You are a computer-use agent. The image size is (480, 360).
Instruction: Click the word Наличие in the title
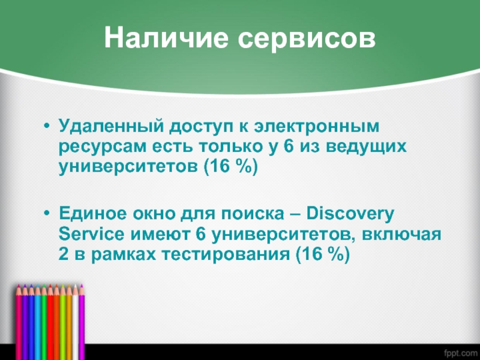[166, 37]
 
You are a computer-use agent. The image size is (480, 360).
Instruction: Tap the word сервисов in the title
[307, 40]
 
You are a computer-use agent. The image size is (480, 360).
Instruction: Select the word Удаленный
[112, 126]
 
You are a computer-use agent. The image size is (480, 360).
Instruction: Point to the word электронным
[317, 126]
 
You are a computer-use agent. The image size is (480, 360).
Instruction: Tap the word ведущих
[366, 146]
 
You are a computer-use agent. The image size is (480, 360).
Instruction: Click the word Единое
[92, 213]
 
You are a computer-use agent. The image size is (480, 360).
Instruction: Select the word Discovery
[350, 214]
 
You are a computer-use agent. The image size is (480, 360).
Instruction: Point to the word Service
[92, 234]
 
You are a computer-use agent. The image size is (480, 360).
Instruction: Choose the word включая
[401, 235]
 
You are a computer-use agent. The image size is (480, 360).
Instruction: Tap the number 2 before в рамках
[64, 254]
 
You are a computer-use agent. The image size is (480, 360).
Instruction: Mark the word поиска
[253, 214]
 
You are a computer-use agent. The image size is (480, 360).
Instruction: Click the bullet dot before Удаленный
[47, 126]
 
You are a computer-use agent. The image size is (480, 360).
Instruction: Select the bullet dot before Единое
[47, 213]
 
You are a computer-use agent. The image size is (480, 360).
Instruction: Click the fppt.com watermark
[461, 353]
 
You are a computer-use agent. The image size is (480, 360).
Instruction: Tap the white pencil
[76, 322]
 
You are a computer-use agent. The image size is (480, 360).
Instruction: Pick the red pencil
[50, 322]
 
